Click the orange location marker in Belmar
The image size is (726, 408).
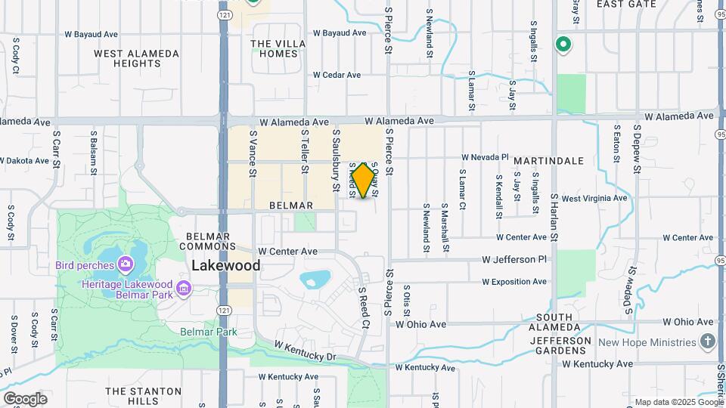(364, 180)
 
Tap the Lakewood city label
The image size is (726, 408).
(226, 265)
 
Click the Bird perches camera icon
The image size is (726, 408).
(126, 264)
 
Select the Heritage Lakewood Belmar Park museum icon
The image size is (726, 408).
(183, 288)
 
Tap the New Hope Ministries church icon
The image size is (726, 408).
(707, 342)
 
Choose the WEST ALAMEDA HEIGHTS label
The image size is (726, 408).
(137, 58)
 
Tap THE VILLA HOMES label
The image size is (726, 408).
(278, 48)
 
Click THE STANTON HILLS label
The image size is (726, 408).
(144, 396)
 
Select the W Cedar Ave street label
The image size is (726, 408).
(337, 75)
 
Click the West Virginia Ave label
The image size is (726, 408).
(594, 198)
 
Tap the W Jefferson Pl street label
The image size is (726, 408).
(514, 259)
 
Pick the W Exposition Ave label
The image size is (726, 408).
(514, 282)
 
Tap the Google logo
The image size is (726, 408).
(25, 399)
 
